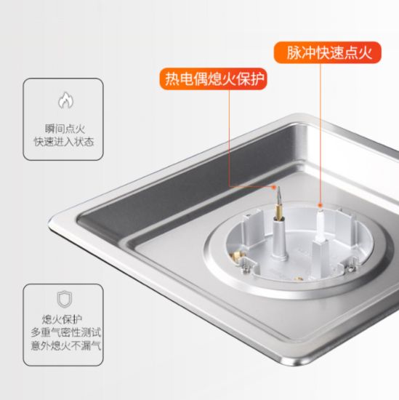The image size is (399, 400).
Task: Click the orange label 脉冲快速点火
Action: (x=327, y=52)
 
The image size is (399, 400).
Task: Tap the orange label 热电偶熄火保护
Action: (x=214, y=79)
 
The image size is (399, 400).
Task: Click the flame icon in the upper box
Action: (x=65, y=100)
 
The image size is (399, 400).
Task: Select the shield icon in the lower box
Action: (x=64, y=299)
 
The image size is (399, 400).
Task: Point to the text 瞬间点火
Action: (x=65, y=129)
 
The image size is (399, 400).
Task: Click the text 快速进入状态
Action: (x=64, y=142)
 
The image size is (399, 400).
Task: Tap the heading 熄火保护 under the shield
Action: (x=62, y=319)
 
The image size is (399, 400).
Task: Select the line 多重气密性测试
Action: (x=66, y=332)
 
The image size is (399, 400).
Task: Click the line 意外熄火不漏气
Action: (x=66, y=345)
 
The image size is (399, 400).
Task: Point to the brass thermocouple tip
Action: (x=278, y=204)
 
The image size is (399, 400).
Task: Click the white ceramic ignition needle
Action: (x=321, y=225)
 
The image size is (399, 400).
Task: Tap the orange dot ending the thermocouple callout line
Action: (x=274, y=187)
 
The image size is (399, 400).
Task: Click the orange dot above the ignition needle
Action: (x=321, y=205)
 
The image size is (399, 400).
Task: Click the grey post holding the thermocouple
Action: (x=279, y=239)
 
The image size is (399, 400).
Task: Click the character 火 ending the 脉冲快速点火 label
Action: (x=365, y=53)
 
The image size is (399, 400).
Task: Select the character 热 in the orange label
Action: (x=172, y=79)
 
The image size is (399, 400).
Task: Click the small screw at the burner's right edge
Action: (x=352, y=268)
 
